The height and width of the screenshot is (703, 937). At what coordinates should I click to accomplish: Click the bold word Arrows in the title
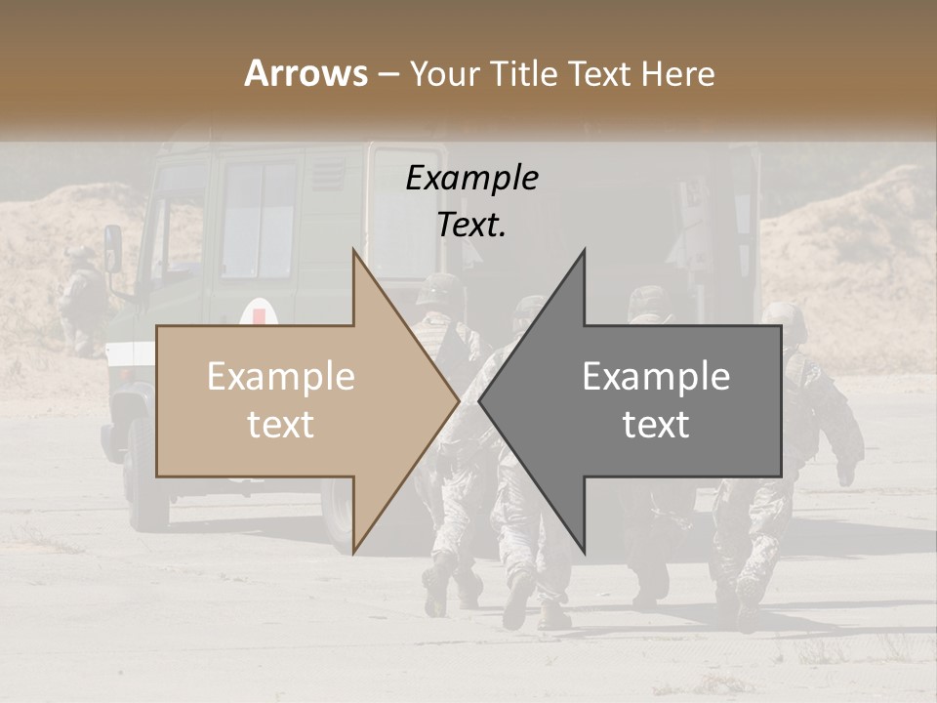(306, 73)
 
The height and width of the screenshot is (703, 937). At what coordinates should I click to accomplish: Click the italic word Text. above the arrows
(471, 225)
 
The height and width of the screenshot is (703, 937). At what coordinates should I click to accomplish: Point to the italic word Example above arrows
(471, 179)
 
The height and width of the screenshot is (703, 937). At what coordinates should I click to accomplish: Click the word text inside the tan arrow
(280, 425)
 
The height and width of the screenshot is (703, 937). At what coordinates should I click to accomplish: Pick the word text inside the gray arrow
(656, 425)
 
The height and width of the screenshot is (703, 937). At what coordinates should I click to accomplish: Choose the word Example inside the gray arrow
(656, 377)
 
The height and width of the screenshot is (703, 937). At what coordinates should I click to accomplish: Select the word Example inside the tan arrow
(280, 377)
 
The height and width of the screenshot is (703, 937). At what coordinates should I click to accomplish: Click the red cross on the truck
(259, 314)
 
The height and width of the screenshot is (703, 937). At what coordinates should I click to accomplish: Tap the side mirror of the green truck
(113, 248)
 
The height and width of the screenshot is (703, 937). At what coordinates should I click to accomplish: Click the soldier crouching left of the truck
(80, 298)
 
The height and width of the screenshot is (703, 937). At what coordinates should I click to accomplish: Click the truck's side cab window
(258, 220)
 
